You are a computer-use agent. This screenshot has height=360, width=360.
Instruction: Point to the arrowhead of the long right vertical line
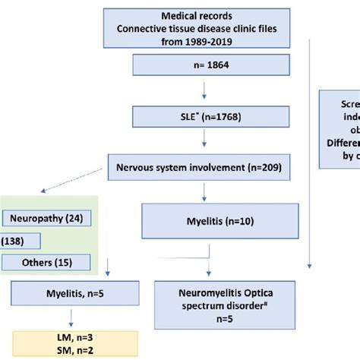(309, 266)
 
